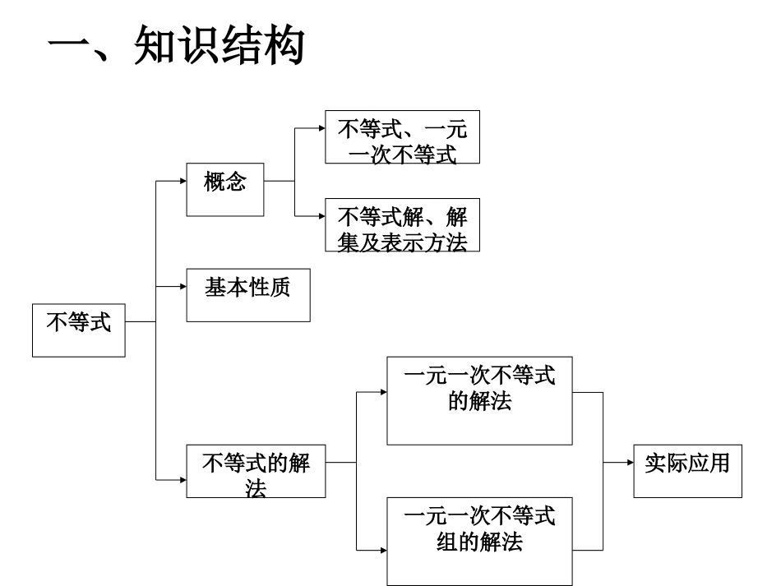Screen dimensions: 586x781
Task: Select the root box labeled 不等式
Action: point(79,330)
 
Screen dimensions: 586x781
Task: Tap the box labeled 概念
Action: point(225,189)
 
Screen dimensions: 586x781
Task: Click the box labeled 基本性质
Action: point(247,294)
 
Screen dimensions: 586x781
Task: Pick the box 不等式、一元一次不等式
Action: point(402,137)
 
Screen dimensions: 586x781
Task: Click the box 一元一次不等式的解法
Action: point(479,401)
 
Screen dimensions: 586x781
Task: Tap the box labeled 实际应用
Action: point(687,470)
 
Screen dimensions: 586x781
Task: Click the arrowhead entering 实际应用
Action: point(630,462)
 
